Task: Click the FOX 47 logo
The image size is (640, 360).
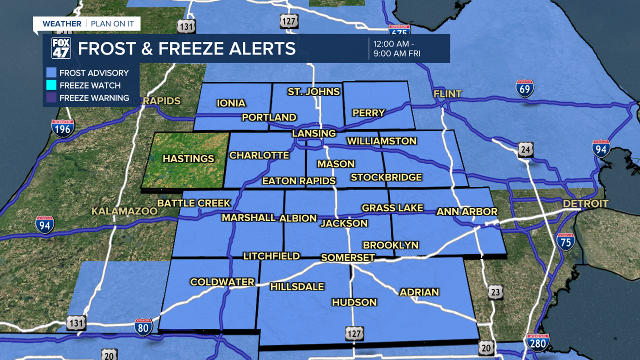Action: click(x=61, y=48)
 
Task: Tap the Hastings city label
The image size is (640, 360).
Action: click(x=188, y=158)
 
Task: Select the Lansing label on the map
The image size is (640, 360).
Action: click(x=314, y=133)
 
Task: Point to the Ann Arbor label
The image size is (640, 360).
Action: click(x=467, y=211)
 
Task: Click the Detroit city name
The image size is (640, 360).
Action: click(x=585, y=203)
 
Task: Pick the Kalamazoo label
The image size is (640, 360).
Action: click(x=124, y=211)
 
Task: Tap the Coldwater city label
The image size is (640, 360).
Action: click(x=222, y=282)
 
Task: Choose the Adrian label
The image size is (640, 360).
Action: click(x=419, y=292)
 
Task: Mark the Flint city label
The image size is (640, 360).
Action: click(x=447, y=93)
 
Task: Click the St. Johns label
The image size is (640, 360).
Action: click(x=313, y=91)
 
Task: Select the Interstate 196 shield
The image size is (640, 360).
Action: click(x=62, y=128)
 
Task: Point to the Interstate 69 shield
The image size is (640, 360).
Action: click(x=525, y=88)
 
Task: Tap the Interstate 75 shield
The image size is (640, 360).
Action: click(x=565, y=241)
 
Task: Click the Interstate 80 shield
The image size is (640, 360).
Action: click(x=143, y=327)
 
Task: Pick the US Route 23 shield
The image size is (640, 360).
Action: click(x=495, y=293)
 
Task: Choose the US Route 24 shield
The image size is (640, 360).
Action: click(x=525, y=149)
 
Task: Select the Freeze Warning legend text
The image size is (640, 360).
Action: click(x=94, y=98)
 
